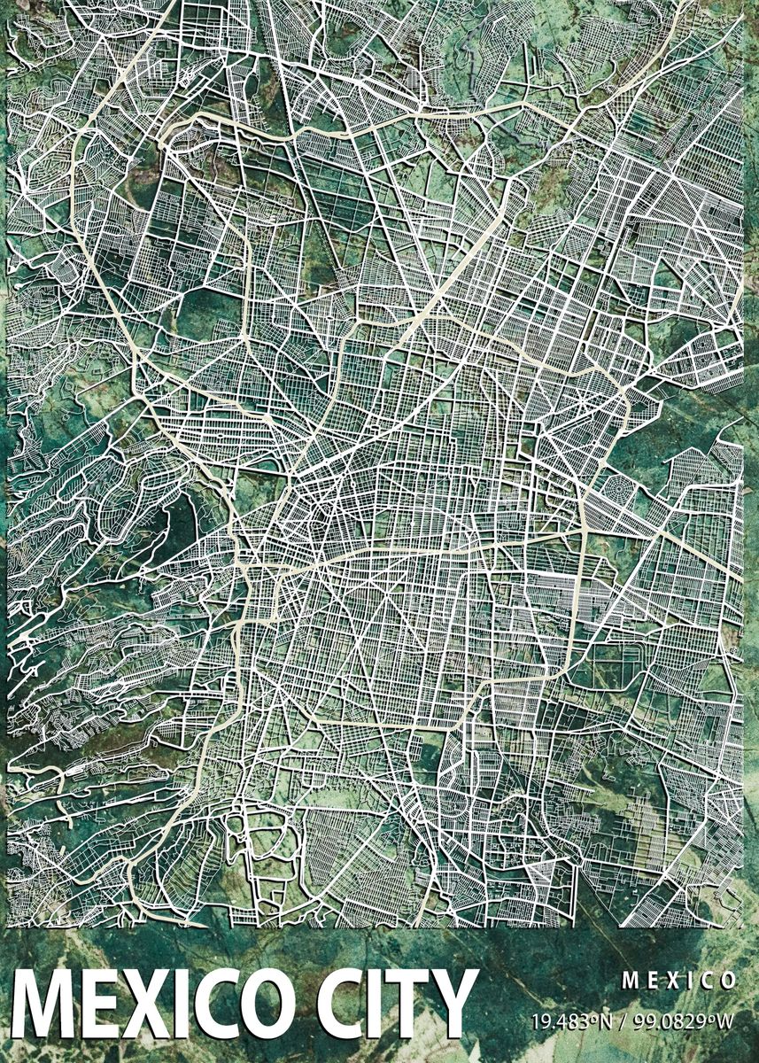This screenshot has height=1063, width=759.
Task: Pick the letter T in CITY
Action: pos(411,1009)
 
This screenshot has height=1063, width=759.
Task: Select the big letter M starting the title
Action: pos(41,1009)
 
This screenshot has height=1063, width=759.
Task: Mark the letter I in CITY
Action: pos(375,1009)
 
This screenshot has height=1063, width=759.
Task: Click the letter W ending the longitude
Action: pos(726,1021)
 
